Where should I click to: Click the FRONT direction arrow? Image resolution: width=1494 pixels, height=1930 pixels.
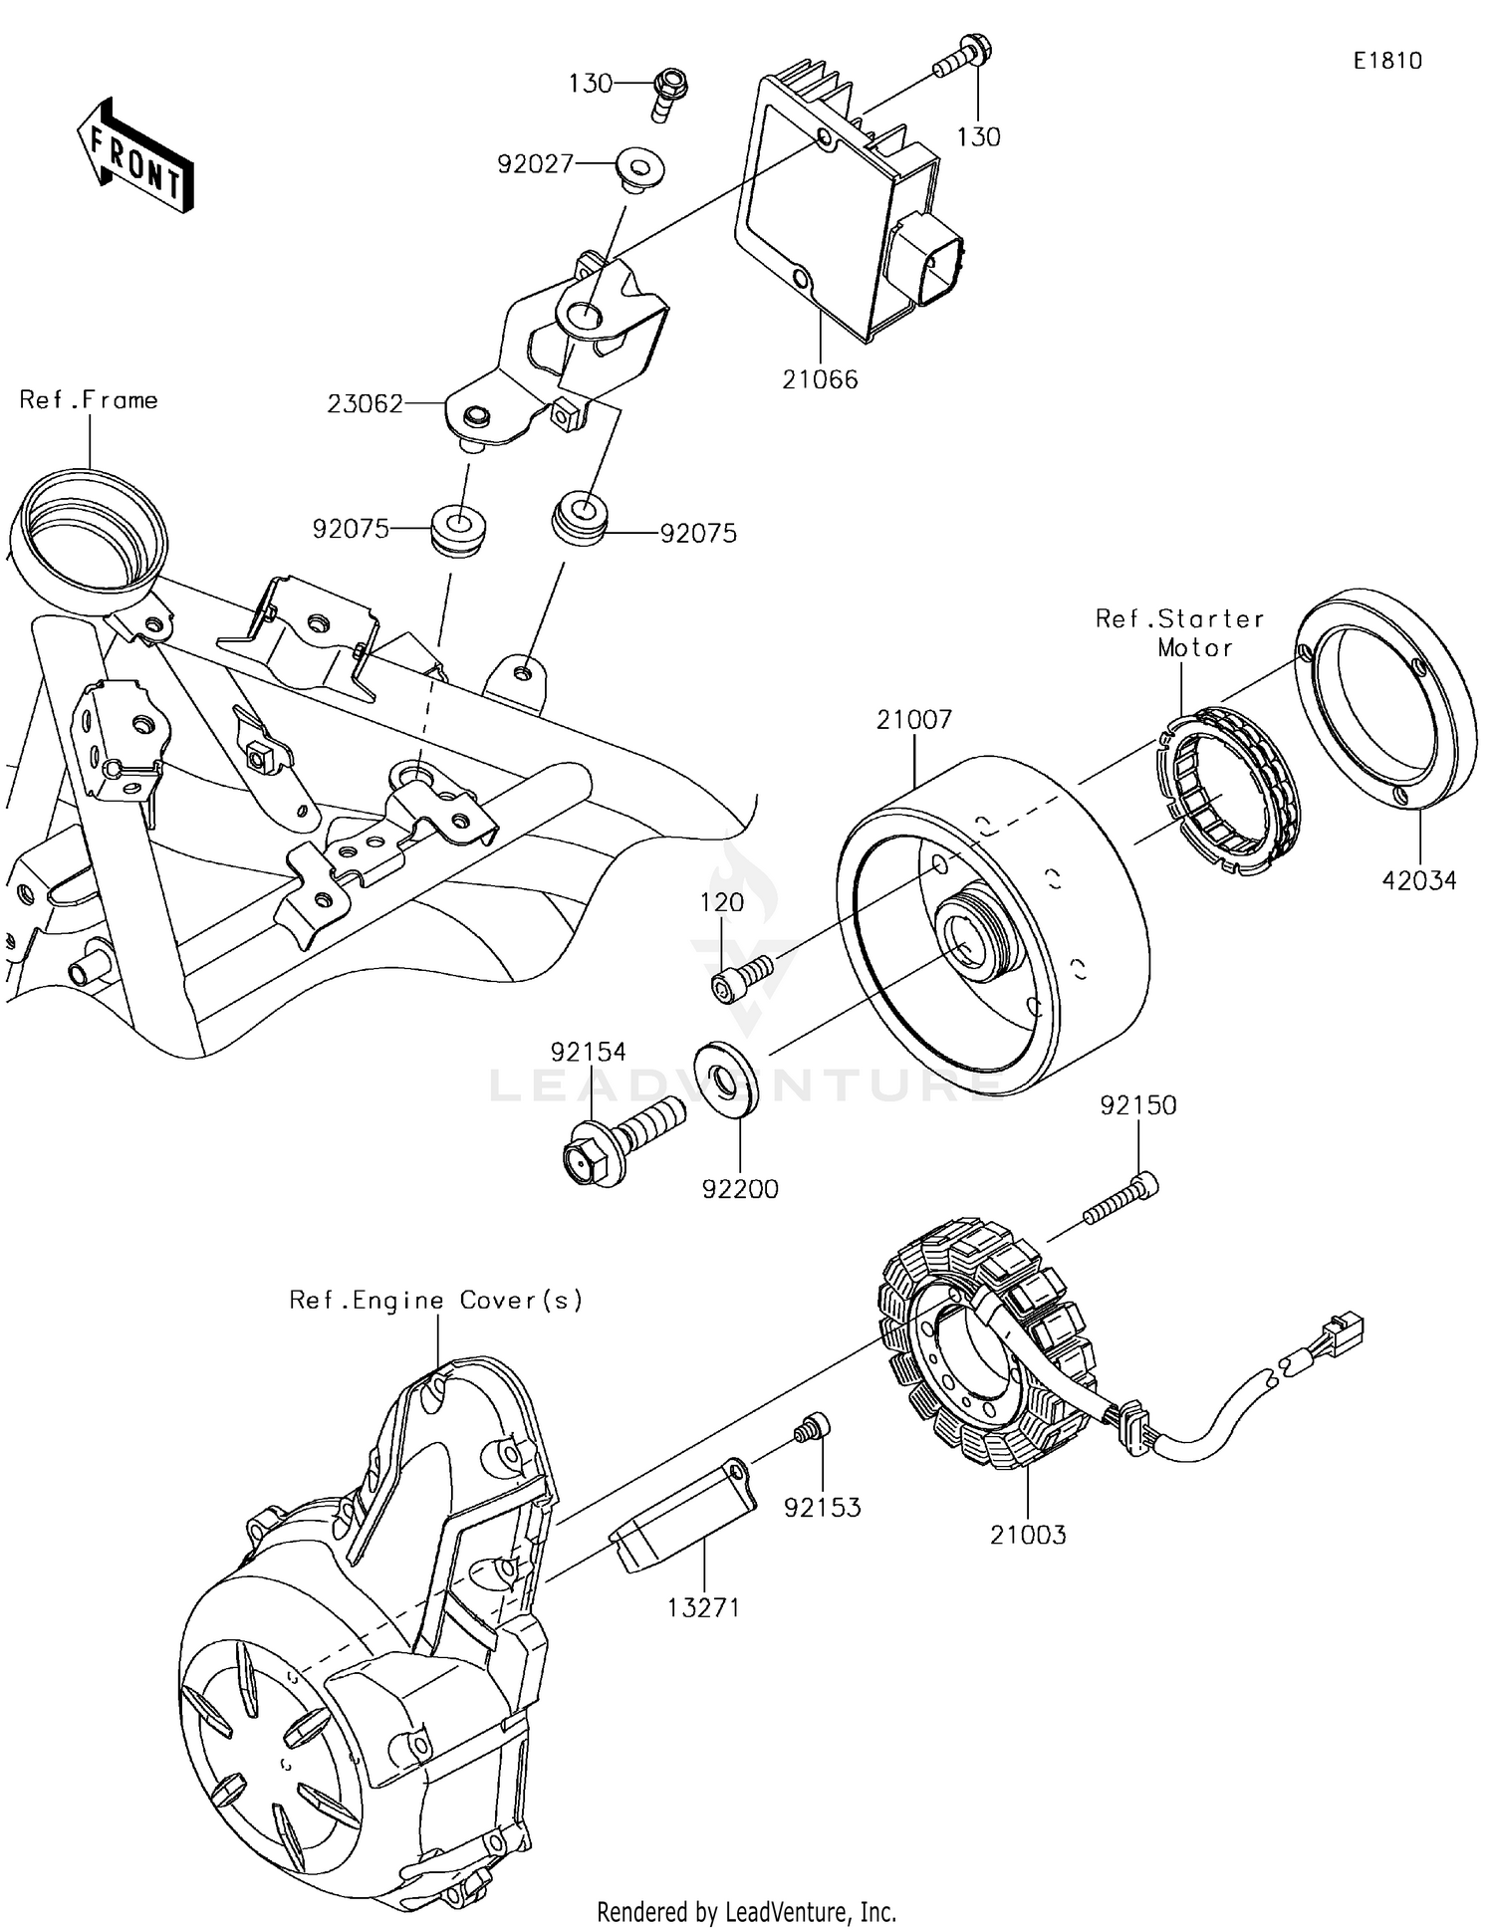[135, 156]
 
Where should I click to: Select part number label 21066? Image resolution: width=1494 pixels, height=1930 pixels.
[819, 379]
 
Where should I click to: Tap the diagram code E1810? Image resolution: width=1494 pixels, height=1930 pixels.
[1387, 61]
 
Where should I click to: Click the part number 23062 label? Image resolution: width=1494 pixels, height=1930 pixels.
[365, 403]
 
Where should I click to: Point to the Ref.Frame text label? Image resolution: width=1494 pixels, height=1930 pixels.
[89, 400]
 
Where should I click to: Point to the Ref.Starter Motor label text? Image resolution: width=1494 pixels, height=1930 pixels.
[1181, 632]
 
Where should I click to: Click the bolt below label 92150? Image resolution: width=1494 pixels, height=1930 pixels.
[1120, 1199]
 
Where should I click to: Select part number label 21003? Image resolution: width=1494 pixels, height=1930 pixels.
[1027, 1535]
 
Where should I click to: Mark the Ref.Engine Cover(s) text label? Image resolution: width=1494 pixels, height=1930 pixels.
[436, 1300]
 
